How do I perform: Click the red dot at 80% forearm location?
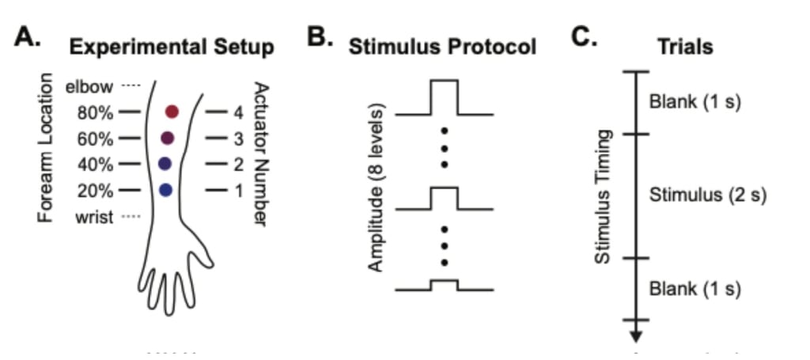click(x=172, y=112)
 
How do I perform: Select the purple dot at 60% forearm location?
click(x=167, y=138)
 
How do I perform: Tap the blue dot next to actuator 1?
click(x=165, y=190)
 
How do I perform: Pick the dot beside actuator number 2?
click(x=165, y=164)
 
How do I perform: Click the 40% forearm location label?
click(x=96, y=165)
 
